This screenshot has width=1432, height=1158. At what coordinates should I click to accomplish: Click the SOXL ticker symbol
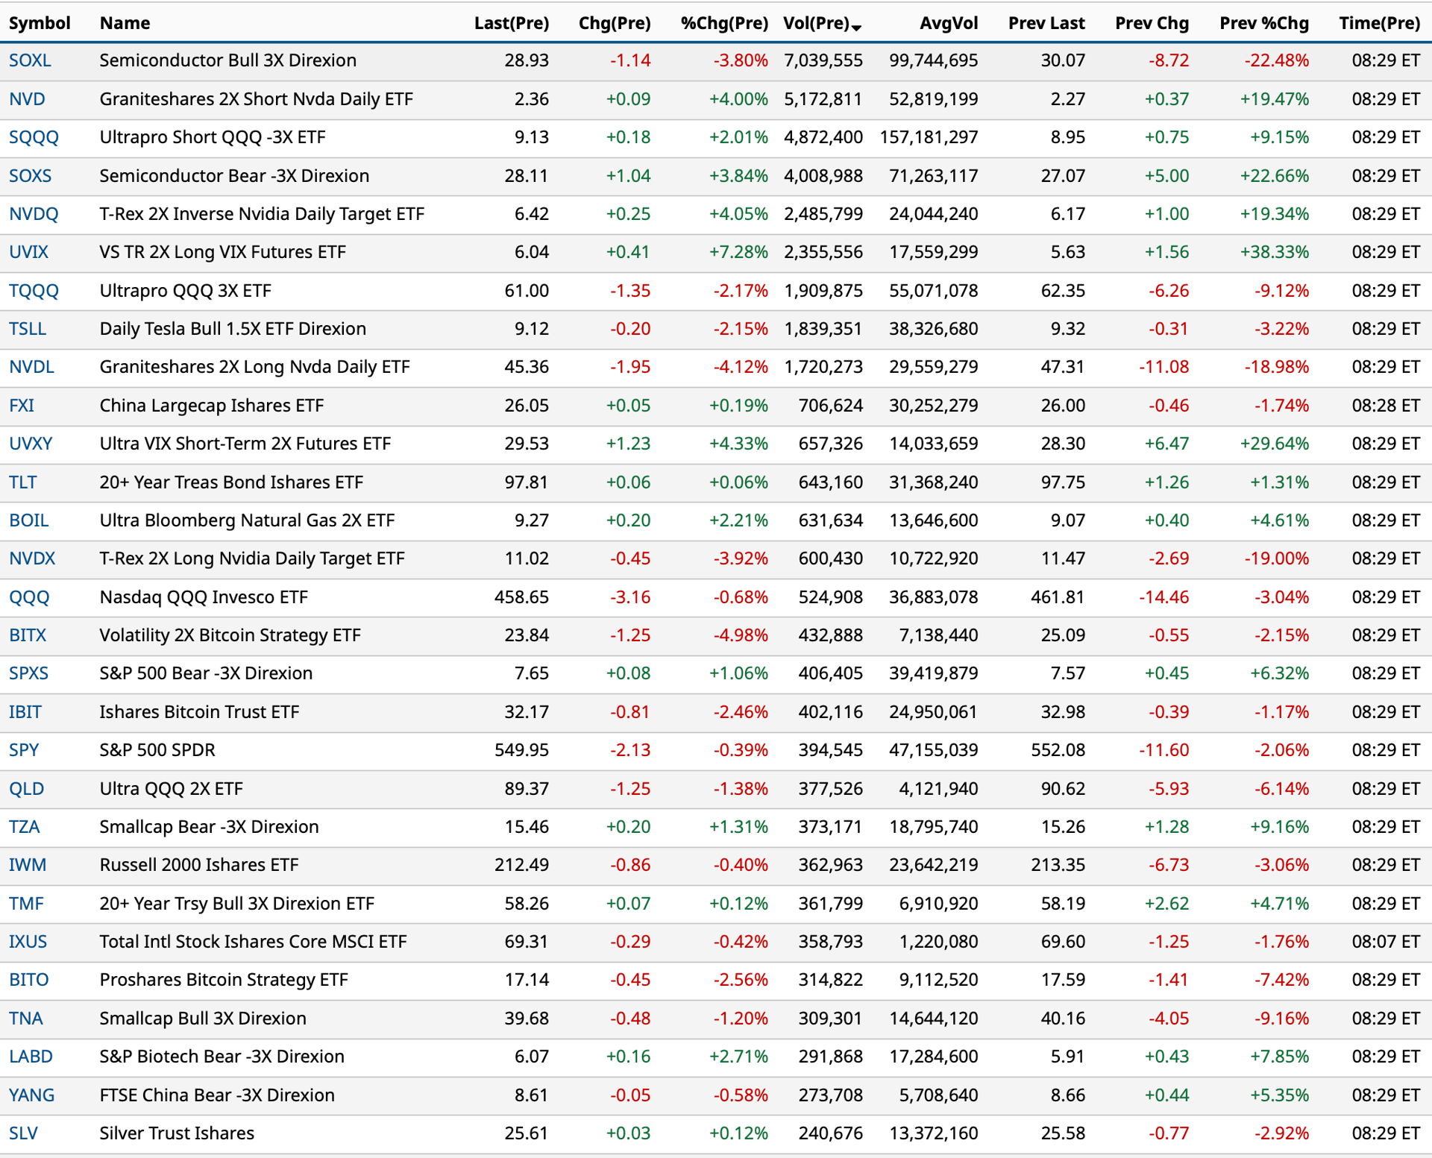coord(30,60)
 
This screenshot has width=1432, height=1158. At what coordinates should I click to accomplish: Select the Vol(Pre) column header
coord(816,23)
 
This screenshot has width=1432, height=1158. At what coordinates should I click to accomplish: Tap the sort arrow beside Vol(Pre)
coord(856,28)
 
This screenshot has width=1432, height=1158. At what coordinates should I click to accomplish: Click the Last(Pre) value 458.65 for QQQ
coord(521,597)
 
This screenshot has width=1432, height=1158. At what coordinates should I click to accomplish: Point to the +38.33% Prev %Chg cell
coord(1275,252)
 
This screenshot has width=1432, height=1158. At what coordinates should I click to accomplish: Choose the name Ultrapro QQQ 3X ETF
coord(186,291)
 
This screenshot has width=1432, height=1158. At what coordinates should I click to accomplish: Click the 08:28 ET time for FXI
coord(1386,406)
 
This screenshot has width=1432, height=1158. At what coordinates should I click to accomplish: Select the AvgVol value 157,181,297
coord(929,137)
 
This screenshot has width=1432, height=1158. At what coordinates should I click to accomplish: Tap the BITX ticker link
coord(28,635)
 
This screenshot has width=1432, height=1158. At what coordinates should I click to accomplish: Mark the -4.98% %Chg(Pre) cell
coord(741,635)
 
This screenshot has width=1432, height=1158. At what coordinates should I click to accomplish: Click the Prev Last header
coord(1046,23)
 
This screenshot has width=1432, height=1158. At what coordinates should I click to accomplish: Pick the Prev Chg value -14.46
coord(1163,597)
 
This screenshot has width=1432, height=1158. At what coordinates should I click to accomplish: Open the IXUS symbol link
coord(28,942)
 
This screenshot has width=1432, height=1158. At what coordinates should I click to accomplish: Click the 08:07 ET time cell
coord(1386,942)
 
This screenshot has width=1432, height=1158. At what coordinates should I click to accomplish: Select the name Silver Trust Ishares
coord(177,1133)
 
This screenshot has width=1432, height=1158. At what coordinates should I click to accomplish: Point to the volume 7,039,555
coord(823,60)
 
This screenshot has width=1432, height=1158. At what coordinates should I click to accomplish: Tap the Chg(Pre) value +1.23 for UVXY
coord(628,444)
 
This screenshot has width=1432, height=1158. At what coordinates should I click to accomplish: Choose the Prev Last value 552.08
coord(1058,750)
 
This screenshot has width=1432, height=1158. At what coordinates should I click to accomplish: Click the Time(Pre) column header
coord(1380,23)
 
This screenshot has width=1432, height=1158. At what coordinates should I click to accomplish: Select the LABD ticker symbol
coord(31,1057)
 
